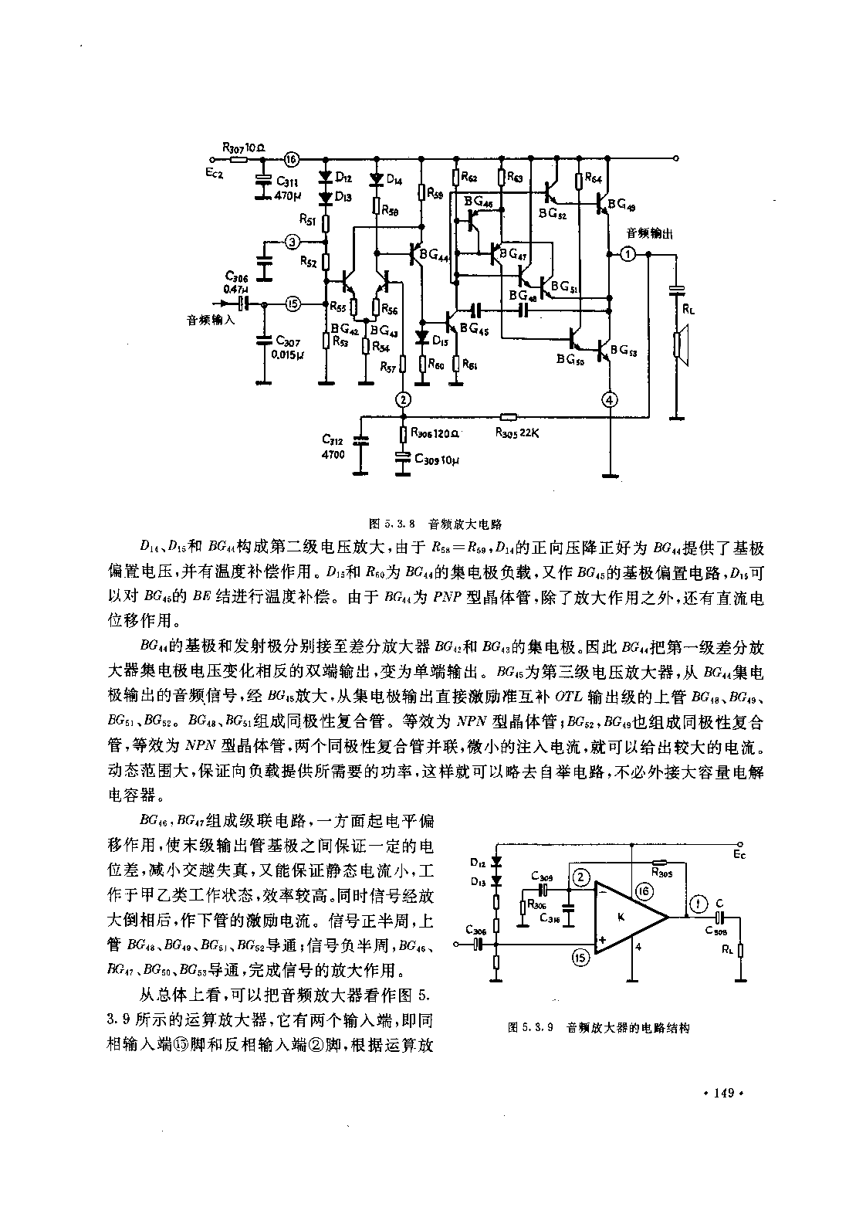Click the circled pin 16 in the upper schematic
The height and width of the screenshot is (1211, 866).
tap(290, 159)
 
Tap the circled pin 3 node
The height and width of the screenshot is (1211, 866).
tap(291, 243)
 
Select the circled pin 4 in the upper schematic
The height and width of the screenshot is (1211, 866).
tap(610, 399)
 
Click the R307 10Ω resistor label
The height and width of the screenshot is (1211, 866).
tap(244, 146)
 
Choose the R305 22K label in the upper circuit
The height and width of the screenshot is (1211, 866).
tap(516, 432)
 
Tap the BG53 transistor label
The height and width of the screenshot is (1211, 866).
tap(623, 351)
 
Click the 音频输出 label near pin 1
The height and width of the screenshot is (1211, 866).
tap(647, 232)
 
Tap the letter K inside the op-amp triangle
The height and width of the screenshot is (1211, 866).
tap(621, 916)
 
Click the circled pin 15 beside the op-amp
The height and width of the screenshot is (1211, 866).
tap(583, 958)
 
